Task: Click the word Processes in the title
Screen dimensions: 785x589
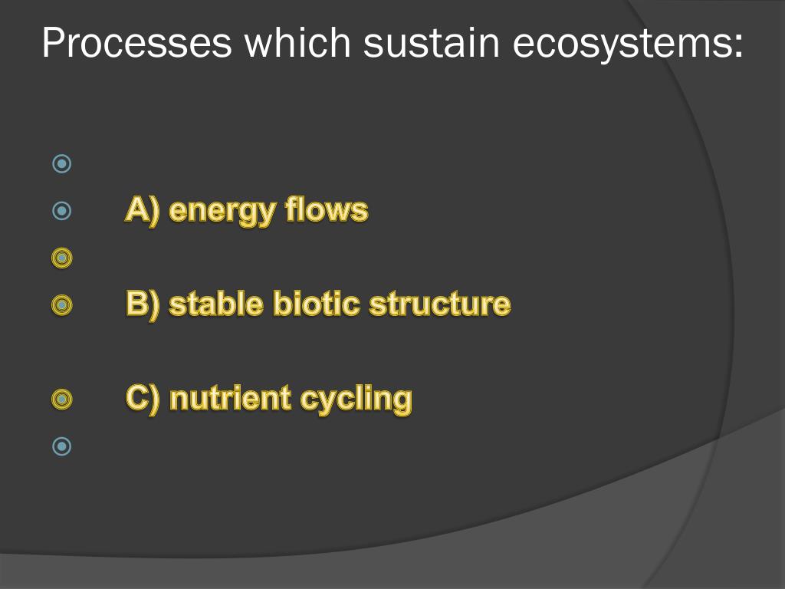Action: [x=136, y=43]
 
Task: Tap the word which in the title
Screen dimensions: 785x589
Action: [x=297, y=43]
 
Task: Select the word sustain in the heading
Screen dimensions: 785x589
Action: [x=431, y=43]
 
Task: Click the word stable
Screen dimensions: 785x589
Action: [x=216, y=304]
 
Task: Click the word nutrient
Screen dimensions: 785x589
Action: [x=231, y=399]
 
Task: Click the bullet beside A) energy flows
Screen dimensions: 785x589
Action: [x=61, y=210]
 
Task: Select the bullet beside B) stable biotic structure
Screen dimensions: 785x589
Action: [x=61, y=304]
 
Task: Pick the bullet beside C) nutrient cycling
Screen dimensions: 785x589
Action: [x=61, y=399]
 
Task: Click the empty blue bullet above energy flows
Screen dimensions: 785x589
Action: [x=61, y=163]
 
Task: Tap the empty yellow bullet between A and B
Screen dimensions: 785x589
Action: [x=61, y=258]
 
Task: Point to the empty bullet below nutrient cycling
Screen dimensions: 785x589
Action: [x=61, y=446]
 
